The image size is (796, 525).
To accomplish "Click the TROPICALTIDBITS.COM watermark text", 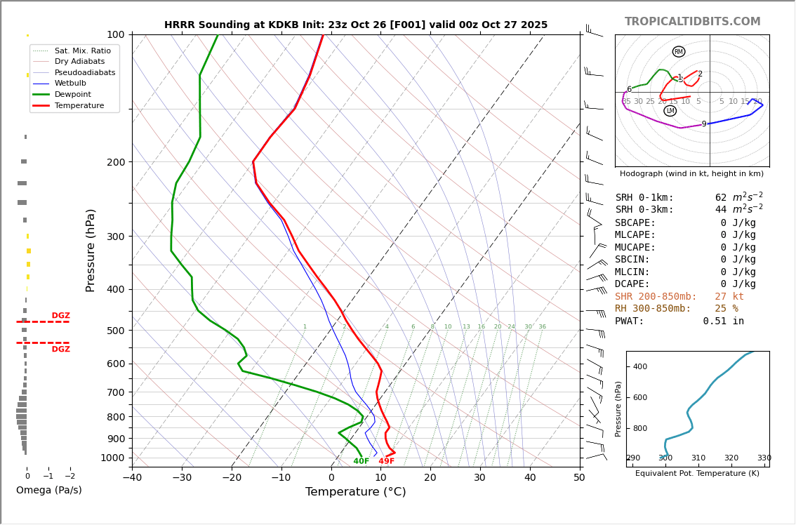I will click(692, 22).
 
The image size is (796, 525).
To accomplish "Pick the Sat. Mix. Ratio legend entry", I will click(82, 51).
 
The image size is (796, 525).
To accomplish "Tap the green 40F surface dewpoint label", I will click(361, 461).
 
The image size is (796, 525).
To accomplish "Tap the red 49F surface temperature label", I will click(386, 461).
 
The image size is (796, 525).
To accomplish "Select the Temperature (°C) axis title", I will click(355, 493).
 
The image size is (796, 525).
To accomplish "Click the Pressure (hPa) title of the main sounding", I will click(91, 250).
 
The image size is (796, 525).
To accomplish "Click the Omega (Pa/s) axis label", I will click(48, 491).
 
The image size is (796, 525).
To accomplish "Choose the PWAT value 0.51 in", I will click(723, 321).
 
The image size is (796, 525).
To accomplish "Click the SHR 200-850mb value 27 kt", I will click(729, 297).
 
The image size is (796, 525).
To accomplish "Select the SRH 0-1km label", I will click(644, 198).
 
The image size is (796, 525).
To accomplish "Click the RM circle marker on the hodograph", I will click(678, 52).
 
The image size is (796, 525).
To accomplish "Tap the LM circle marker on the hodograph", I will click(670, 111).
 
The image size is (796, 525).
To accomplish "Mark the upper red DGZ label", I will click(60, 316).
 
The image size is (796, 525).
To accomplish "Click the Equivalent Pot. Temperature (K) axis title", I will click(697, 474).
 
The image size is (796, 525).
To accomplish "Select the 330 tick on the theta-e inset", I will click(764, 458).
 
